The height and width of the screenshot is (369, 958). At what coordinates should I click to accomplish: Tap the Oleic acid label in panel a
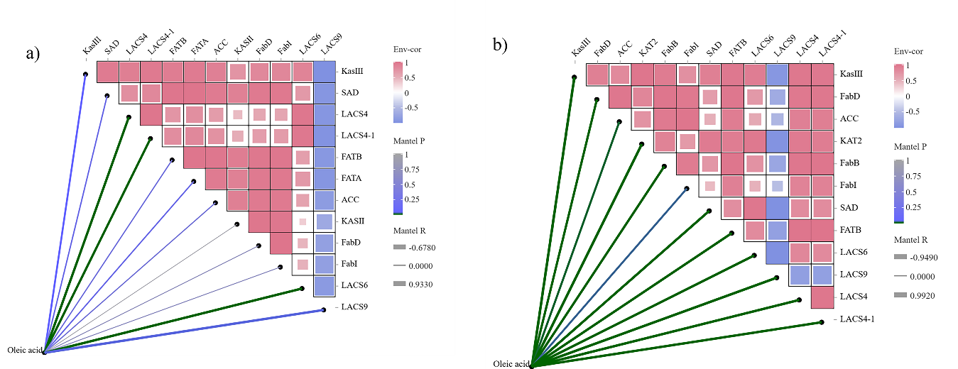(x=25, y=350)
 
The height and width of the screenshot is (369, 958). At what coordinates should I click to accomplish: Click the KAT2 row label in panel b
(x=851, y=141)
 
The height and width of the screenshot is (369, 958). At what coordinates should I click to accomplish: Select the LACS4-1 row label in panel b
(x=858, y=319)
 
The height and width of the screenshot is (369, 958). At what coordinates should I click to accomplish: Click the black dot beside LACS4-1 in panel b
(x=822, y=323)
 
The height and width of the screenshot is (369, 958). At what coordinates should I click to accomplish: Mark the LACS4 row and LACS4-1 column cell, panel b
(x=822, y=297)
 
